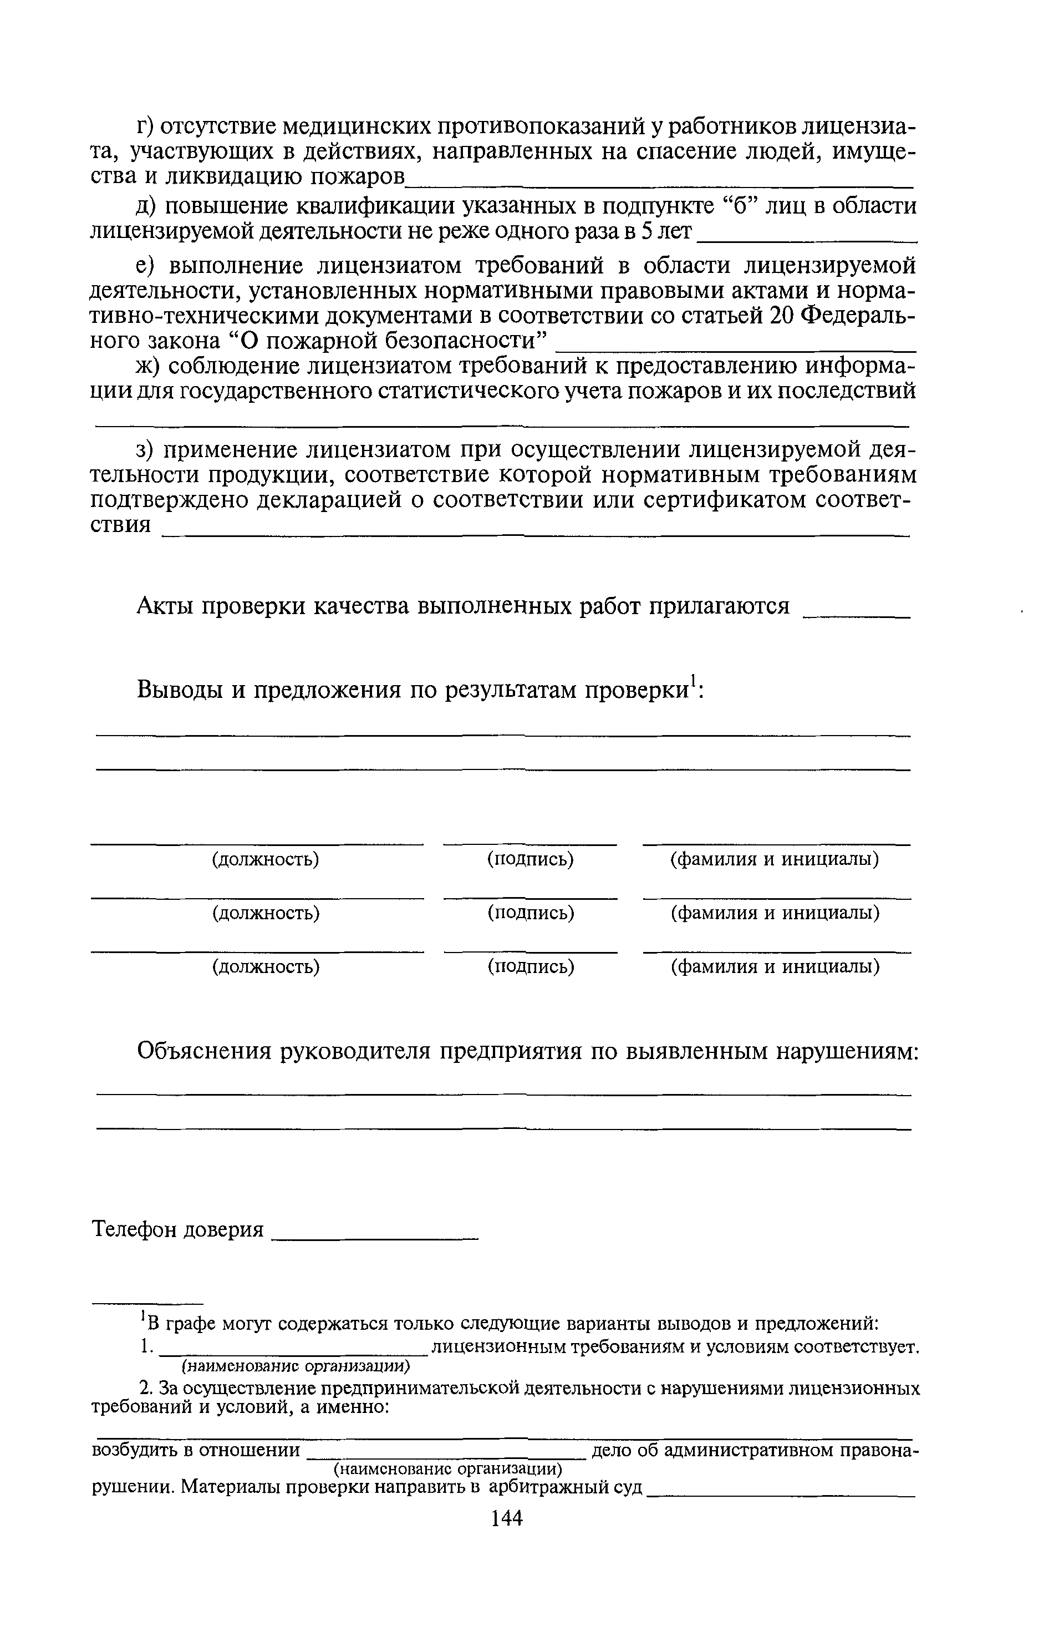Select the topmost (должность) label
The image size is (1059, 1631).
coord(266,859)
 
